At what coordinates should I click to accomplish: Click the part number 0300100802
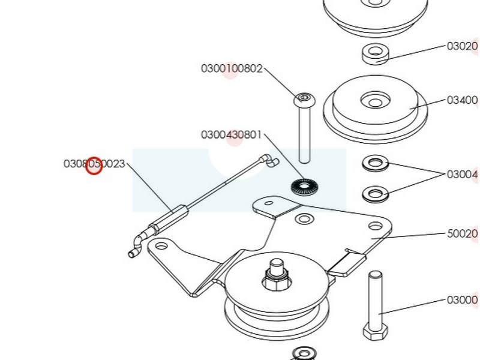point(232,68)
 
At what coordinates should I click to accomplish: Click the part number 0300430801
point(231,134)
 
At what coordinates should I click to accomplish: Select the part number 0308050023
point(94,163)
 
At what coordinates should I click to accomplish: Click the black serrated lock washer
point(305,187)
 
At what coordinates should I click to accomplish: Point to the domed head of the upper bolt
point(304,97)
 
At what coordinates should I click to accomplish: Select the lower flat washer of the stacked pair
point(376,194)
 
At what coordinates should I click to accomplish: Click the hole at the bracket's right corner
point(376,226)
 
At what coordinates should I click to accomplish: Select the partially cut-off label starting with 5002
point(462,233)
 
